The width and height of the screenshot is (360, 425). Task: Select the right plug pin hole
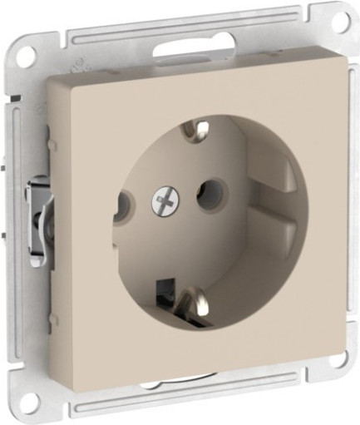(x=203, y=196)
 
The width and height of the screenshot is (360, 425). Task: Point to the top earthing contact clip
(x=200, y=130)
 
